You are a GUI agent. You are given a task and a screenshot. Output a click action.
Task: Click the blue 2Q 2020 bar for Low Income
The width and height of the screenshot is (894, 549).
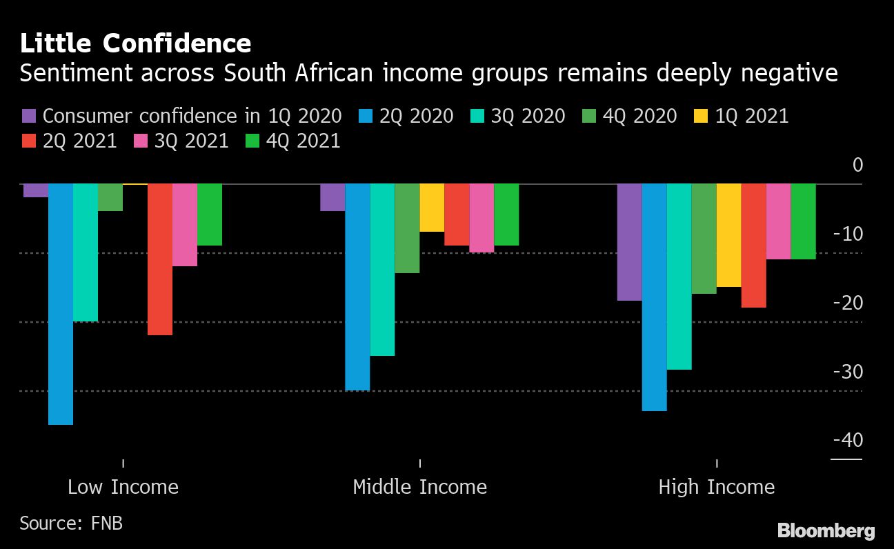[61, 304]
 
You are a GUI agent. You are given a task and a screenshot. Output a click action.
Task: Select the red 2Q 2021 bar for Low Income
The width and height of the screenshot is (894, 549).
[160, 259]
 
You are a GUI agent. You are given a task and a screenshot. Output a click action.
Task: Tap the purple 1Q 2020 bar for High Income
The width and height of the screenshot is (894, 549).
[629, 242]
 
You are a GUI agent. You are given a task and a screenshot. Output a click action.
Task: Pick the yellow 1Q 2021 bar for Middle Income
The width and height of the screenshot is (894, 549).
[432, 208]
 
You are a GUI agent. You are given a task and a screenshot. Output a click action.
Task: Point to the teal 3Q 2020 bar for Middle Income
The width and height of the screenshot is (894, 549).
[382, 270]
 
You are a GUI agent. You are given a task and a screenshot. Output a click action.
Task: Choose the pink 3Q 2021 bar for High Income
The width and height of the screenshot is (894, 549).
[778, 221]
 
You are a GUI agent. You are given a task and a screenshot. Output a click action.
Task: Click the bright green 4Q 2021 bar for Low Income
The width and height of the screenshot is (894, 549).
[210, 214]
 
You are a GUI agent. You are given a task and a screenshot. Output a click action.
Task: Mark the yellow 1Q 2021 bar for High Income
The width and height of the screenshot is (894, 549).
[728, 235]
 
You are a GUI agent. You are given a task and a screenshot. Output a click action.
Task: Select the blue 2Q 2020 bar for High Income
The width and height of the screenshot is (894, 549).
[654, 297]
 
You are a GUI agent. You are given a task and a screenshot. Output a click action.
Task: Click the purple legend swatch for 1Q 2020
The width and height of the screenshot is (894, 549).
[30, 116]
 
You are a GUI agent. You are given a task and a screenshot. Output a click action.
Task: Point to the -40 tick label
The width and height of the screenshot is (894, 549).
[847, 440]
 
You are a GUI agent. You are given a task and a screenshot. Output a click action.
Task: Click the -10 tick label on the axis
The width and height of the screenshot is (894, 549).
[847, 234]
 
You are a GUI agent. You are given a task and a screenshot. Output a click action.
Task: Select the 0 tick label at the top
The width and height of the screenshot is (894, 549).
[857, 165]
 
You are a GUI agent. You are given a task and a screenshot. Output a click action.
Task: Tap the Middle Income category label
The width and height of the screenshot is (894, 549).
[419, 487]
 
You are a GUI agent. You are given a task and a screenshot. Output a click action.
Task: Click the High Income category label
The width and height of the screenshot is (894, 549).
[716, 487]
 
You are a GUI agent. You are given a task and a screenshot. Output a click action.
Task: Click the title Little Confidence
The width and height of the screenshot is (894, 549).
[135, 44]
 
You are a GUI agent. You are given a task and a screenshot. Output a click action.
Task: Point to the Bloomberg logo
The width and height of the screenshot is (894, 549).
[826, 530]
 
